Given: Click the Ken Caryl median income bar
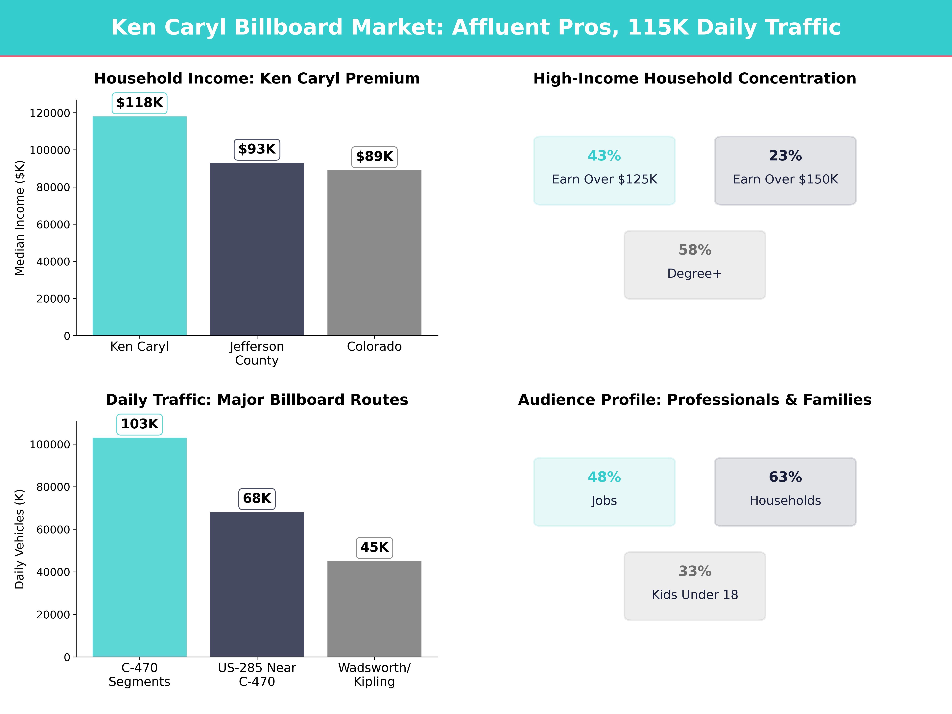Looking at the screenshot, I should coord(139,226).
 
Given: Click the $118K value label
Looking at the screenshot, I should coord(139,103).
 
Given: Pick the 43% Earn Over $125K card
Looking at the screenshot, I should coord(604,170).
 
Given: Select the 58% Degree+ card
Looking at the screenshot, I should coord(695,265).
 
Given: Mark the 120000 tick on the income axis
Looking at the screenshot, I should coord(50,113).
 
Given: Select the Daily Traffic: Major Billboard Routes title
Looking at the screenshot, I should coord(257,400).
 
